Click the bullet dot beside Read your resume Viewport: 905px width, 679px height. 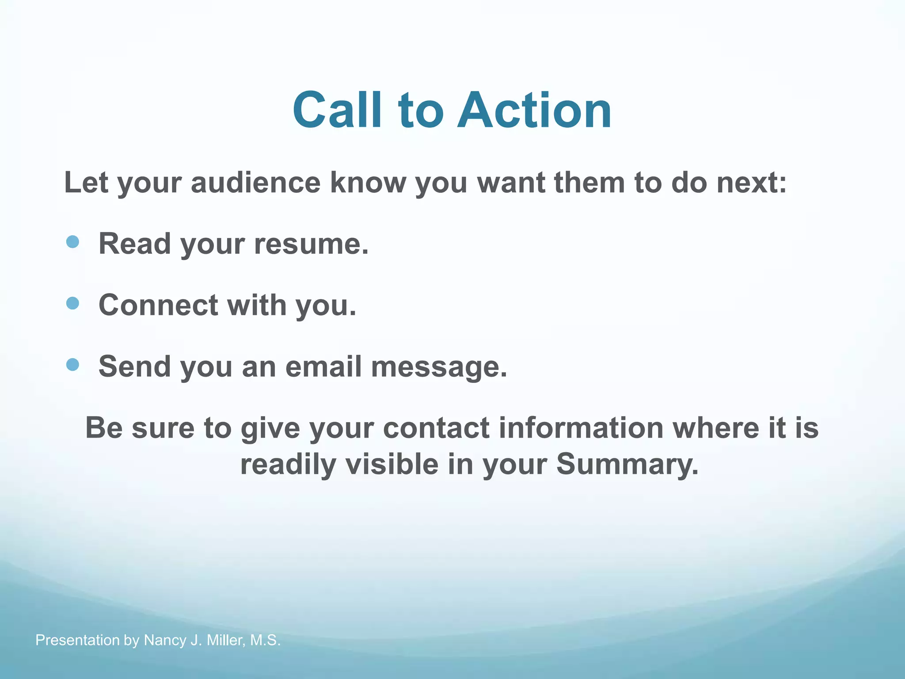72,242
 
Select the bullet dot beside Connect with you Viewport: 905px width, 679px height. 72,303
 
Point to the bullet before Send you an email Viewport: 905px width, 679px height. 72,365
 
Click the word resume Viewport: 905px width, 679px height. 311,244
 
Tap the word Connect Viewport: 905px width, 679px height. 158,305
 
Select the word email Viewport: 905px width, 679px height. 323,366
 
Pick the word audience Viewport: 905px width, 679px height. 255,183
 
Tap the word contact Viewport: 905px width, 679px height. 436,428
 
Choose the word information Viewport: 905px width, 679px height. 581,428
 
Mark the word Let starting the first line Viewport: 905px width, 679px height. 86,183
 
